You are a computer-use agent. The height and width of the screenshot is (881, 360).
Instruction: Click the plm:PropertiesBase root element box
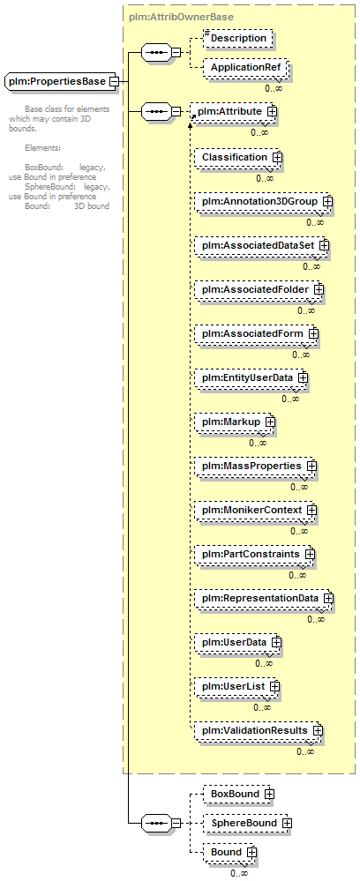pos(61,81)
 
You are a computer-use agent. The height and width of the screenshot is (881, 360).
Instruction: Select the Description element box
pos(238,38)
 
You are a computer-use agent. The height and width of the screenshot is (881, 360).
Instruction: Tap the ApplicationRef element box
pos(246,68)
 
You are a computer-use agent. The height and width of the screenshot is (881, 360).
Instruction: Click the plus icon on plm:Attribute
pos(273,112)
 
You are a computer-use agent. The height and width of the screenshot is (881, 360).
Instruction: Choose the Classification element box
pos(238,157)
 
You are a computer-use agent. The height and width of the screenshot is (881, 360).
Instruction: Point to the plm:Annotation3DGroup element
pos(264,201)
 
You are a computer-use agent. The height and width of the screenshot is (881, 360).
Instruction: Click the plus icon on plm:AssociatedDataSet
pos(324,245)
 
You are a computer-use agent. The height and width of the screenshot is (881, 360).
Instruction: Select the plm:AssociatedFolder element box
pos(259,289)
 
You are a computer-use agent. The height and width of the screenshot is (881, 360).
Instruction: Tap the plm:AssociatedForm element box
pos(257,333)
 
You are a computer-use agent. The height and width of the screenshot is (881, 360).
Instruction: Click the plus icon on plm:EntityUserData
pos(304,377)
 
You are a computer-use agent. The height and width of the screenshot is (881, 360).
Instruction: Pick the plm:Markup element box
pos(235,422)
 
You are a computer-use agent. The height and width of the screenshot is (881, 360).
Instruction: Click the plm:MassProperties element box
pos(256,467)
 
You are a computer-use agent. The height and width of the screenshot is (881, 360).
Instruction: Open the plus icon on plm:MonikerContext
pos(311,511)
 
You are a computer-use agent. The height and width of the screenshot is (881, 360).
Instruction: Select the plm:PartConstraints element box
pos(255,555)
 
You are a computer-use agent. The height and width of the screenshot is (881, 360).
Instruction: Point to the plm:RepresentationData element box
pos(265,599)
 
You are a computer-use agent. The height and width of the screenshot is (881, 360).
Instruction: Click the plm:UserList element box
pos(237,687)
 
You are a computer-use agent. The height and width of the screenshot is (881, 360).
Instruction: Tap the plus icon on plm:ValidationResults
pos(318,730)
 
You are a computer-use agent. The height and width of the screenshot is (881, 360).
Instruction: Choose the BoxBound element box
pos(240,794)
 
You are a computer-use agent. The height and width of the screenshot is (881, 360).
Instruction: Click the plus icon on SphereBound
pos(287,823)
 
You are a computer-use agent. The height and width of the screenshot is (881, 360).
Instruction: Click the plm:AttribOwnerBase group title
pos(181,17)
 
